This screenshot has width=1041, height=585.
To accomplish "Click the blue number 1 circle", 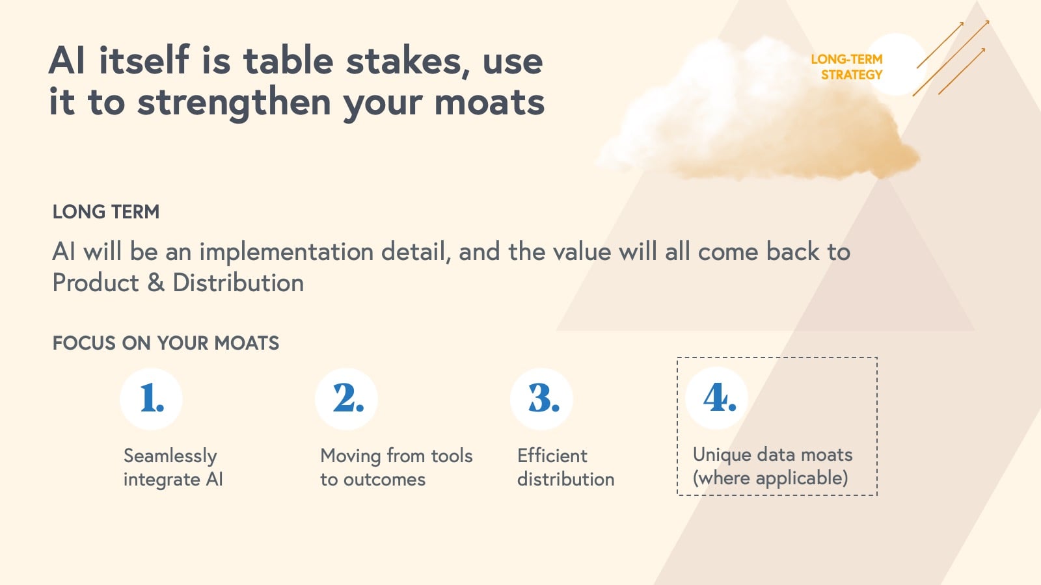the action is (x=151, y=399).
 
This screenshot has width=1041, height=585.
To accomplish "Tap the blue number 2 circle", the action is (x=346, y=399).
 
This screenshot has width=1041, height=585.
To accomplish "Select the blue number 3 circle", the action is (x=541, y=399).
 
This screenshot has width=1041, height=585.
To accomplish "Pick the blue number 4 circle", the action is (x=716, y=398).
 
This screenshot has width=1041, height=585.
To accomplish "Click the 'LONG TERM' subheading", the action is (x=106, y=212).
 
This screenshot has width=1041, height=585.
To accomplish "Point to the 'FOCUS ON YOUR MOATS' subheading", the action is (x=166, y=343).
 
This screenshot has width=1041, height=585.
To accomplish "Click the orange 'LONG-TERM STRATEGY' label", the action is (x=846, y=67).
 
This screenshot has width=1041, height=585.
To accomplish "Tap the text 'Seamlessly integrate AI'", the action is (x=173, y=467).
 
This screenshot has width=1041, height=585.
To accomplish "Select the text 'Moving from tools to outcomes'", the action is (x=396, y=467).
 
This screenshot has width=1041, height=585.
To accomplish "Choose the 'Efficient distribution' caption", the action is (x=565, y=467).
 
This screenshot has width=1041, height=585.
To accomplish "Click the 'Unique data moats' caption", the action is (x=772, y=454).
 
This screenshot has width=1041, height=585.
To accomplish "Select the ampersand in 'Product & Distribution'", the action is (x=155, y=283).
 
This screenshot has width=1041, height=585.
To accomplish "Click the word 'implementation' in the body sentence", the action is (x=286, y=253).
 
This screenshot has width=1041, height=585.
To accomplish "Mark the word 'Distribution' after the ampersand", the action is (x=238, y=283).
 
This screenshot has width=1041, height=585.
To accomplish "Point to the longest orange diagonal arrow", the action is (x=951, y=58).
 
